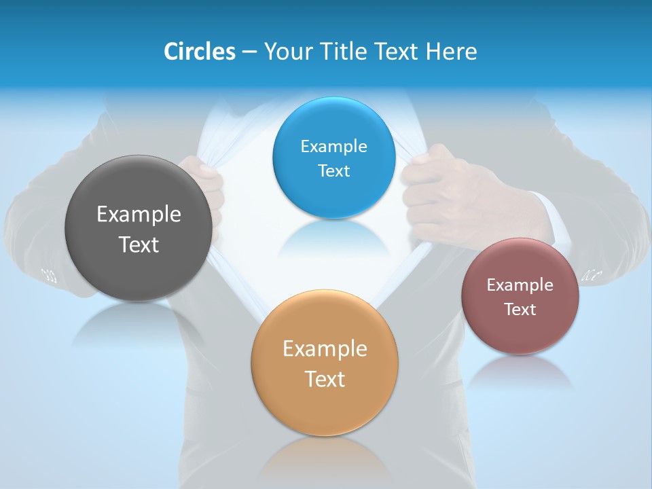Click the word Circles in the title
tap(199, 52)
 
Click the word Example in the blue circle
tap(333, 147)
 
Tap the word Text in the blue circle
tap(333, 170)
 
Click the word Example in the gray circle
tap(139, 215)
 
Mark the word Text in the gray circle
tap(139, 244)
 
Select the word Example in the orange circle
tap(325, 349)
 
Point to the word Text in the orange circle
tap(325, 379)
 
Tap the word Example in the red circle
tap(520, 285)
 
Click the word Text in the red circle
tap(520, 310)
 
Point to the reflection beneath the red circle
tap(520, 372)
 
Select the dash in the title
tap(249, 52)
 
